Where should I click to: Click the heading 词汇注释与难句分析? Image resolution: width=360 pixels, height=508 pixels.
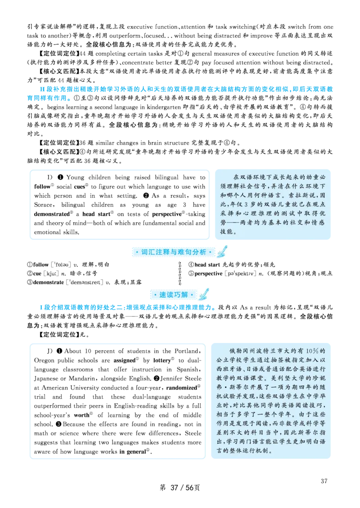pos(173,252)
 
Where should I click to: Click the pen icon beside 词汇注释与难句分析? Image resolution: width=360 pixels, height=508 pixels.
pos(222,252)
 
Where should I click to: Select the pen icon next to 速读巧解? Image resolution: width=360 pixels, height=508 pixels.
pos(203,294)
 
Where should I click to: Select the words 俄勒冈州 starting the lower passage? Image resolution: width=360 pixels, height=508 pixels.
pos(242,351)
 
